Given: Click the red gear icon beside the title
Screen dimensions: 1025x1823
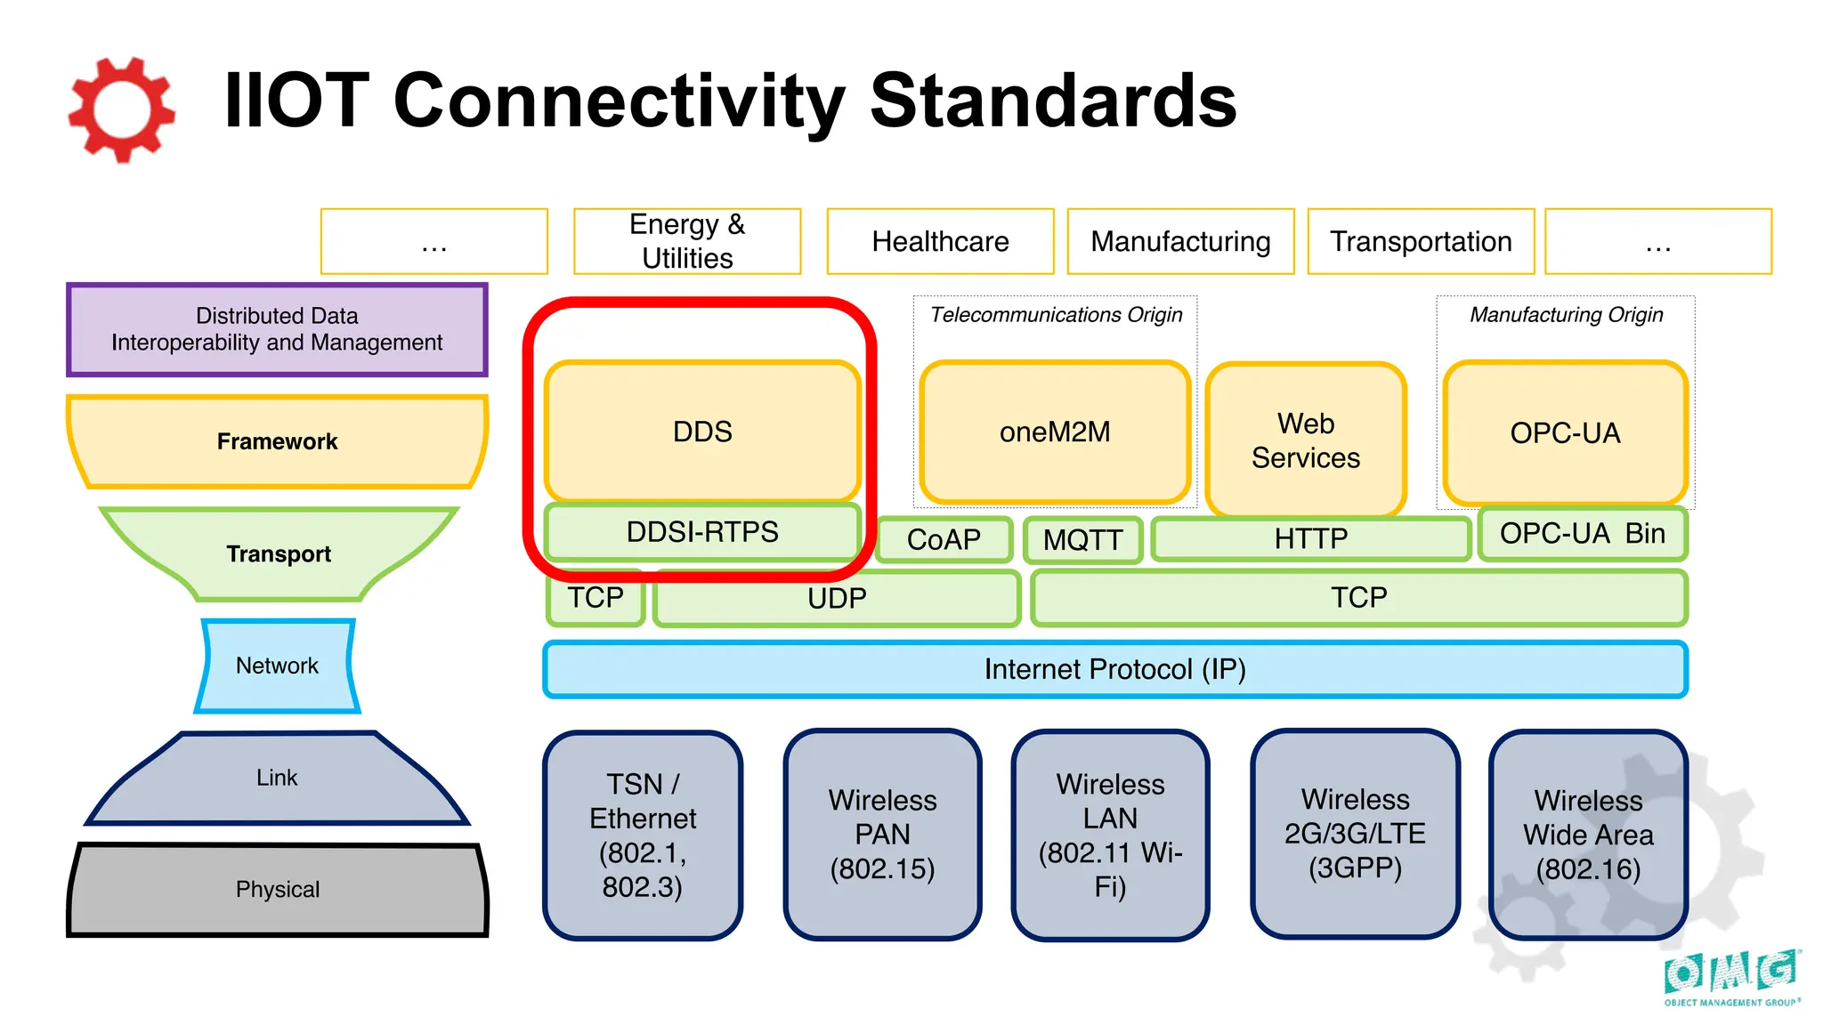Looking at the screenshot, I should tap(121, 109).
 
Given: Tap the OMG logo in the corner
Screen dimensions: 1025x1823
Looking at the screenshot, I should tap(1731, 977).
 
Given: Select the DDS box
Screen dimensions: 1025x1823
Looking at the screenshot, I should tap(702, 432).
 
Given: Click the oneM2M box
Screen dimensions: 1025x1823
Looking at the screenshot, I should tap(1055, 432).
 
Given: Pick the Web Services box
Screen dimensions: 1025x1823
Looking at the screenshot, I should tap(1306, 440).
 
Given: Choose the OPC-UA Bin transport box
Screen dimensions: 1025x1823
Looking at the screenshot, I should tap(1582, 534).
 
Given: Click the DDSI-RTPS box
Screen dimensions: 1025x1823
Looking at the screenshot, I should tap(702, 532).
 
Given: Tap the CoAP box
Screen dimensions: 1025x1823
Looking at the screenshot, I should tap(944, 539).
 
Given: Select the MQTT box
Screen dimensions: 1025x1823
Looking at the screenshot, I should tap(1082, 539).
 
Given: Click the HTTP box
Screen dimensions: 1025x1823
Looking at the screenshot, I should tap(1310, 538).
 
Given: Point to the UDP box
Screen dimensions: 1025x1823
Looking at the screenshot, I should tap(837, 598).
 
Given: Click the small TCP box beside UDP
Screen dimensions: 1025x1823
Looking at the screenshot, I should tap(596, 598).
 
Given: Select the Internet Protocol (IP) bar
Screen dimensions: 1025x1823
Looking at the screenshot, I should tap(1114, 669).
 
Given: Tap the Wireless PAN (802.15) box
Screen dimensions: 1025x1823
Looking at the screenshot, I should tap(882, 835).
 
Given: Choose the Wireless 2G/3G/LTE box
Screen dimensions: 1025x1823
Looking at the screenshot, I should tap(1355, 834).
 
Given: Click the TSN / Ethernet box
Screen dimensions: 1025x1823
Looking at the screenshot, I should tap(643, 835).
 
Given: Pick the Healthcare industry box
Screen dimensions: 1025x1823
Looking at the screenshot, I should tap(940, 241).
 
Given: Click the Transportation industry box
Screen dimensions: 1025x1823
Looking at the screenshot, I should tap(1421, 241).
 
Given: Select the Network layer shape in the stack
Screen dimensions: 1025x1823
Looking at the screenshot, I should tap(277, 666).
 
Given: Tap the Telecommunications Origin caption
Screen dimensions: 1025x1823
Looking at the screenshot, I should tap(1056, 315).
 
